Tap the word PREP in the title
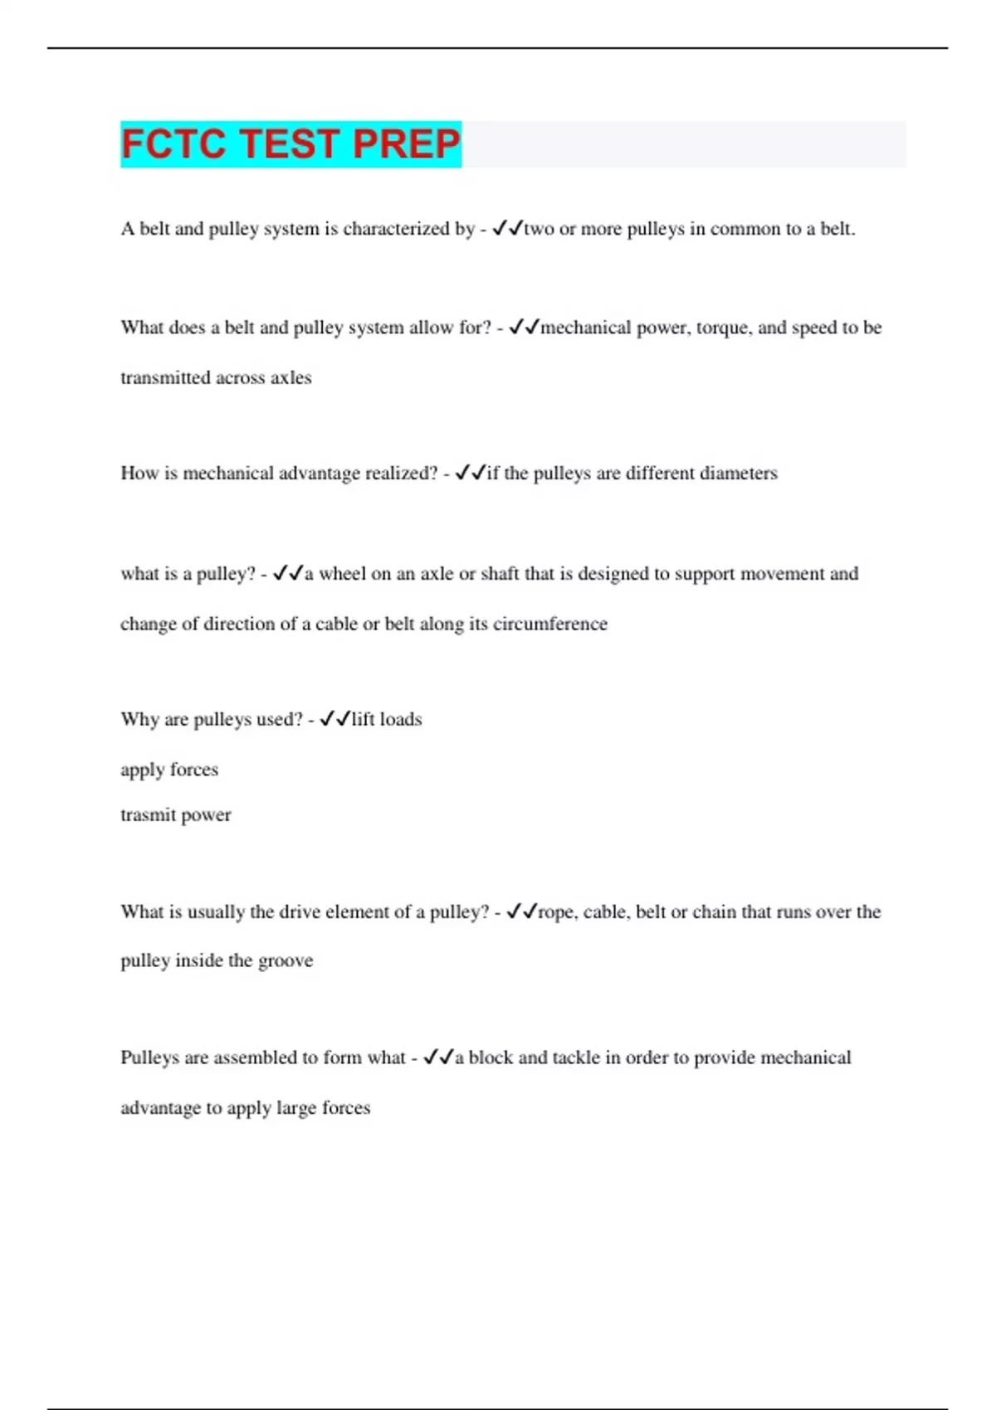pyautogui.click(x=406, y=143)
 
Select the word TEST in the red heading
pyautogui.click(x=290, y=143)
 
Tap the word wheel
pyautogui.click(x=342, y=574)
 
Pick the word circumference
pyautogui.click(x=549, y=624)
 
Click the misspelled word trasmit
pyautogui.click(x=145, y=815)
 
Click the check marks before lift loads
pyautogui.click(x=334, y=719)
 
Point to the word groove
pyautogui.click(x=286, y=961)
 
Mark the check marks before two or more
pyautogui.click(x=507, y=229)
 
